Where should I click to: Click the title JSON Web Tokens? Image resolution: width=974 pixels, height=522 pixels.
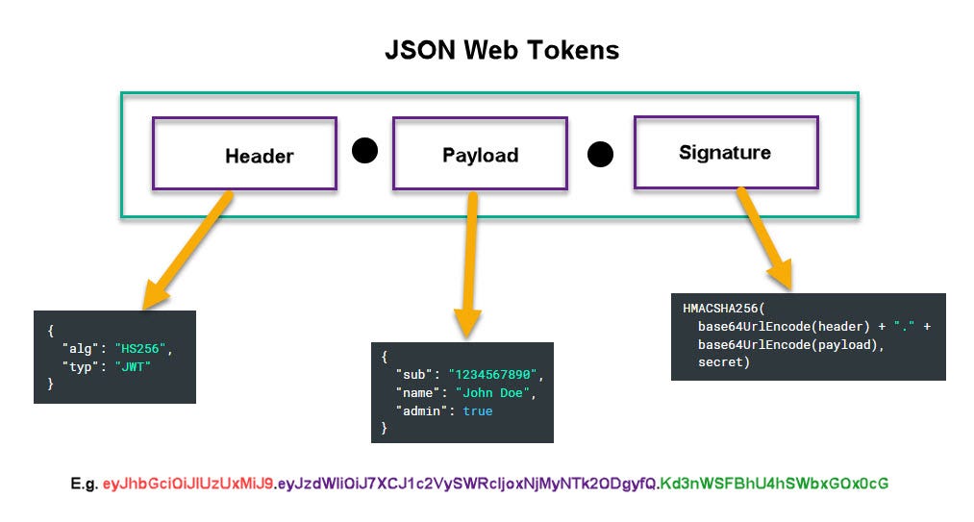pyautogui.click(x=487, y=50)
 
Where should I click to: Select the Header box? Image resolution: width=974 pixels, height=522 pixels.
pyautogui.click(x=244, y=154)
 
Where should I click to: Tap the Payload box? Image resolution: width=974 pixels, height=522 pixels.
pyautogui.click(x=480, y=154)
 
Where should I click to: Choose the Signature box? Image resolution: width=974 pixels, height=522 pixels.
pyautogui.click(x=725, y=152)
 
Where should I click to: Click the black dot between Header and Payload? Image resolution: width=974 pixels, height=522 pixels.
pyautogui.click(x=364, y=151)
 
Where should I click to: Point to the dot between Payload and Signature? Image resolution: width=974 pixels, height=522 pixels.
pyautogui.click(x=600, y=154)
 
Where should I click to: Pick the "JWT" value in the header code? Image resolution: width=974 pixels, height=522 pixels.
pyautogui.click(x=134, y=365)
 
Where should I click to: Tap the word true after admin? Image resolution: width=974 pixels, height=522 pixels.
pyautogui.click(x=477, y=410)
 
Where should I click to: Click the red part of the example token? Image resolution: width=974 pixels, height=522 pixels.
pyautogui.click(x=187, y=484)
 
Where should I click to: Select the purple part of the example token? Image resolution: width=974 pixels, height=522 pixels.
pyautogui.click(x=466, y=484)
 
